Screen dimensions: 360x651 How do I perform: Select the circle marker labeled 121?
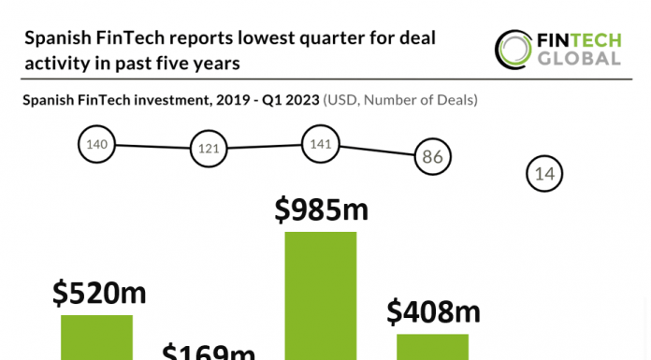pyautogui.click(x=207, y=149)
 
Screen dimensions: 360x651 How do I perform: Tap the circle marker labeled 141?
pyautogui.click(x=319, y=144)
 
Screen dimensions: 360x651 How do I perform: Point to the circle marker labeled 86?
pyautogui.click(x=432, y=156)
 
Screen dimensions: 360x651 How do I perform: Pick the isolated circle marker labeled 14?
pyautogui.click(x=545, y=173)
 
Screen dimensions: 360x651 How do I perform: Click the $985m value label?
pyautogui.click(x=321, y=210)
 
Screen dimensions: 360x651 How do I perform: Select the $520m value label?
pyautogui.click(x=98, y=294)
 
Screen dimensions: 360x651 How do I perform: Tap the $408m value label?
pyautogui.click(x=432, y=310)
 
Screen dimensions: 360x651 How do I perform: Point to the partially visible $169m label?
pyautogui.click(x=209, y=352)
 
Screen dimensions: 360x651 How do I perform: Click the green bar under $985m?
pyautogui.click(x=321, y=295)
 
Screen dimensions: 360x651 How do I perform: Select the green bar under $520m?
pyautogui.click(x=97, y=337)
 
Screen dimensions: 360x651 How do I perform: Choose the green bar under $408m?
pyautogui.click(x=432, y=346)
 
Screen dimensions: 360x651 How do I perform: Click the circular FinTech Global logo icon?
pyautogui.click(x=513, y=49)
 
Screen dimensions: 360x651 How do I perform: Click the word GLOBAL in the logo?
pyautogui.click(x=578, y=59)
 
